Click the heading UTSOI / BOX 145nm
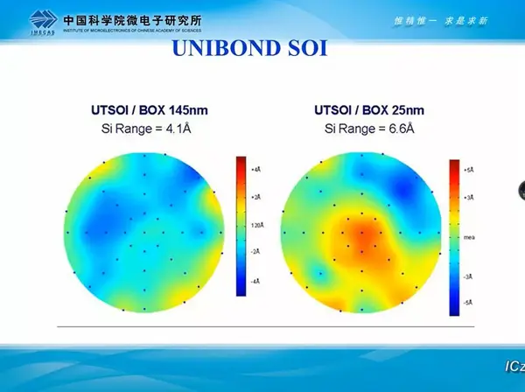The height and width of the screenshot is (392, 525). tap(150, 110)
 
